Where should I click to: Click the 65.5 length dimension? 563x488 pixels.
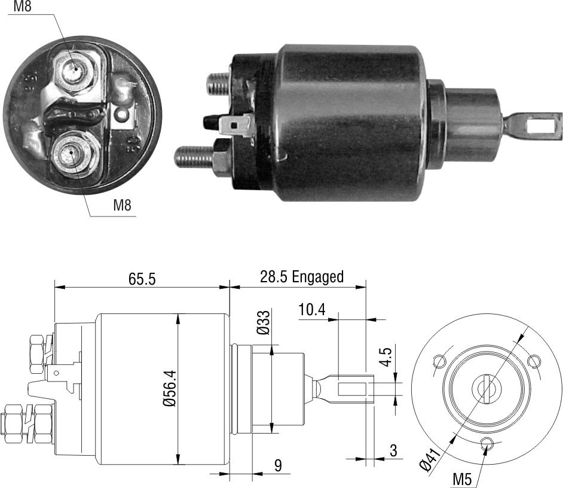(142, 279)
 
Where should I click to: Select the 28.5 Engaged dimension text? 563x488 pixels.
(301, 277)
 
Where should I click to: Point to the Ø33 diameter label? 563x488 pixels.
(264, 323)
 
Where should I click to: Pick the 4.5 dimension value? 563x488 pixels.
(386, 357)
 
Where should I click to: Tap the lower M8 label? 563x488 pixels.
(122, 206)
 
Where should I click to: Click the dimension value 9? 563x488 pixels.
(277, 466)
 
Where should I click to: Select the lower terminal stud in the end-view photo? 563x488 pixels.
(71, 154)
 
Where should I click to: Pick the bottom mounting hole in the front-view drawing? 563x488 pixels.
(488, 443)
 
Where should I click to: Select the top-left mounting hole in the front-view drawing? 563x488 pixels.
(440, 360)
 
